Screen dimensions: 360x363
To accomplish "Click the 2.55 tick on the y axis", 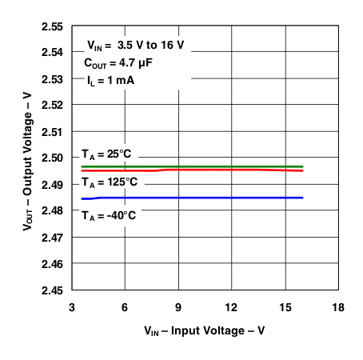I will (x=52, y=26).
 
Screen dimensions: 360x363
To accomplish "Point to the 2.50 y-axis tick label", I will (x=52, y=158).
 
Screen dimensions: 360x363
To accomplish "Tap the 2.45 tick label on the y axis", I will (x=52, y=290).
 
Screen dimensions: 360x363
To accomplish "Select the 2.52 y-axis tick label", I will (x=52, y=105).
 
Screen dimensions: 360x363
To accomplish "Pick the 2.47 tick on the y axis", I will (x=52, y=237).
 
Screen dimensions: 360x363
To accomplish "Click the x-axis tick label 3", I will (x=72, y=306).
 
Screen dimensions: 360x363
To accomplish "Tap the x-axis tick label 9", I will (x=178, y=306).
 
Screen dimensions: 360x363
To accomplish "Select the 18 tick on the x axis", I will (x=338, y=306).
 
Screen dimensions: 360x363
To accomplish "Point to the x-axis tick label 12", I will (x=232, y=306).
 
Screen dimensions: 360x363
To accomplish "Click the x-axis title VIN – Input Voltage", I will (x=205, y=330).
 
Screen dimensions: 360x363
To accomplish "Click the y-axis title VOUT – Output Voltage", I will (x=28, y=158).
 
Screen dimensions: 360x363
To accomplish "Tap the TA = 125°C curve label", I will (x=110, y=182).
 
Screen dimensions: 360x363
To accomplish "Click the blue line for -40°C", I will (x=200, y=198).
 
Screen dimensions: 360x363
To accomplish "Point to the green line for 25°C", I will (x=200, y=166).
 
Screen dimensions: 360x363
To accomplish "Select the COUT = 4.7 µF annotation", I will (x=120, y=62).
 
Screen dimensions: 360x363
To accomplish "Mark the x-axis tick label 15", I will (x=285, y=306).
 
